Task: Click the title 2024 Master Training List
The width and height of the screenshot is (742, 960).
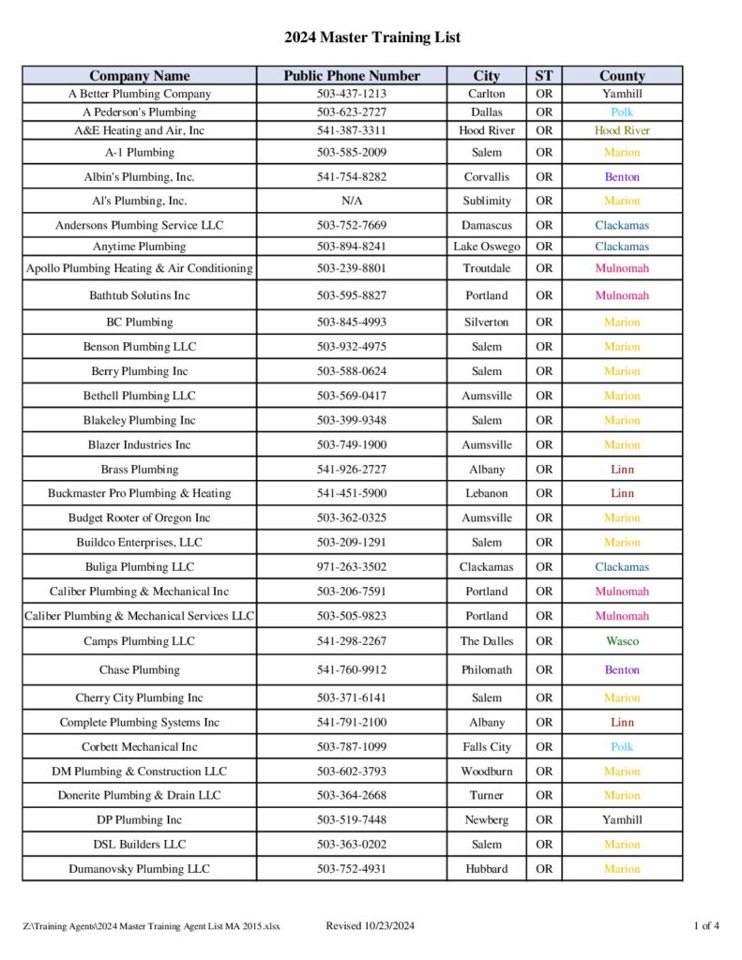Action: [x=371, y=37]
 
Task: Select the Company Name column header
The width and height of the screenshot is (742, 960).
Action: [x=139, y=76]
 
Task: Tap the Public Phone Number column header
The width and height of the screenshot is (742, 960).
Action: [x=352, y=76]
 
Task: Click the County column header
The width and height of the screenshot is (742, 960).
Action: [x=622, y=76]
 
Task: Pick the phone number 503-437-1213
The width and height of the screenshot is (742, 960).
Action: [x=352, y=94]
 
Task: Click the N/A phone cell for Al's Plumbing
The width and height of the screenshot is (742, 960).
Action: [x=352, y=201]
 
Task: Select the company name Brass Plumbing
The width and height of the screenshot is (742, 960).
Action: [x=139, y=469]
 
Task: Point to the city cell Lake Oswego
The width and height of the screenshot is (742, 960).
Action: [x=486, y=247]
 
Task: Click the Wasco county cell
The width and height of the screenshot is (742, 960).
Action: [x=622, y=641]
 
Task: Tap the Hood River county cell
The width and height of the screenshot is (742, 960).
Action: [x=622, y=130]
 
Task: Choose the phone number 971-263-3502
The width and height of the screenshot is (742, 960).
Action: [x=352, y=567]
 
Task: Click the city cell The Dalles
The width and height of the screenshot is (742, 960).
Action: [x=486, y=641]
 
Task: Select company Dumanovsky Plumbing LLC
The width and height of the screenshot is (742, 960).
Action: [x=139, y=869]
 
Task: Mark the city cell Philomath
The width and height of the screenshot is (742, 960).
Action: [x=486, y=670]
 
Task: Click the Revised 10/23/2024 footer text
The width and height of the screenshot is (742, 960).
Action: [x=370, y=926]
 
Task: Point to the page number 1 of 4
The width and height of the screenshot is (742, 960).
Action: [x=706, y=926]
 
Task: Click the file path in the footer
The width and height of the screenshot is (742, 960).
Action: [x=151, y=927]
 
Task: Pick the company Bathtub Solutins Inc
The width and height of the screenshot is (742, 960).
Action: [x=139, y=295]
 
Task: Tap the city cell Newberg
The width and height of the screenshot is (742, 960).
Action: [x=486, y=819]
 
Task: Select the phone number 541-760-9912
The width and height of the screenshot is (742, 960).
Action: [x=352, y=670]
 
